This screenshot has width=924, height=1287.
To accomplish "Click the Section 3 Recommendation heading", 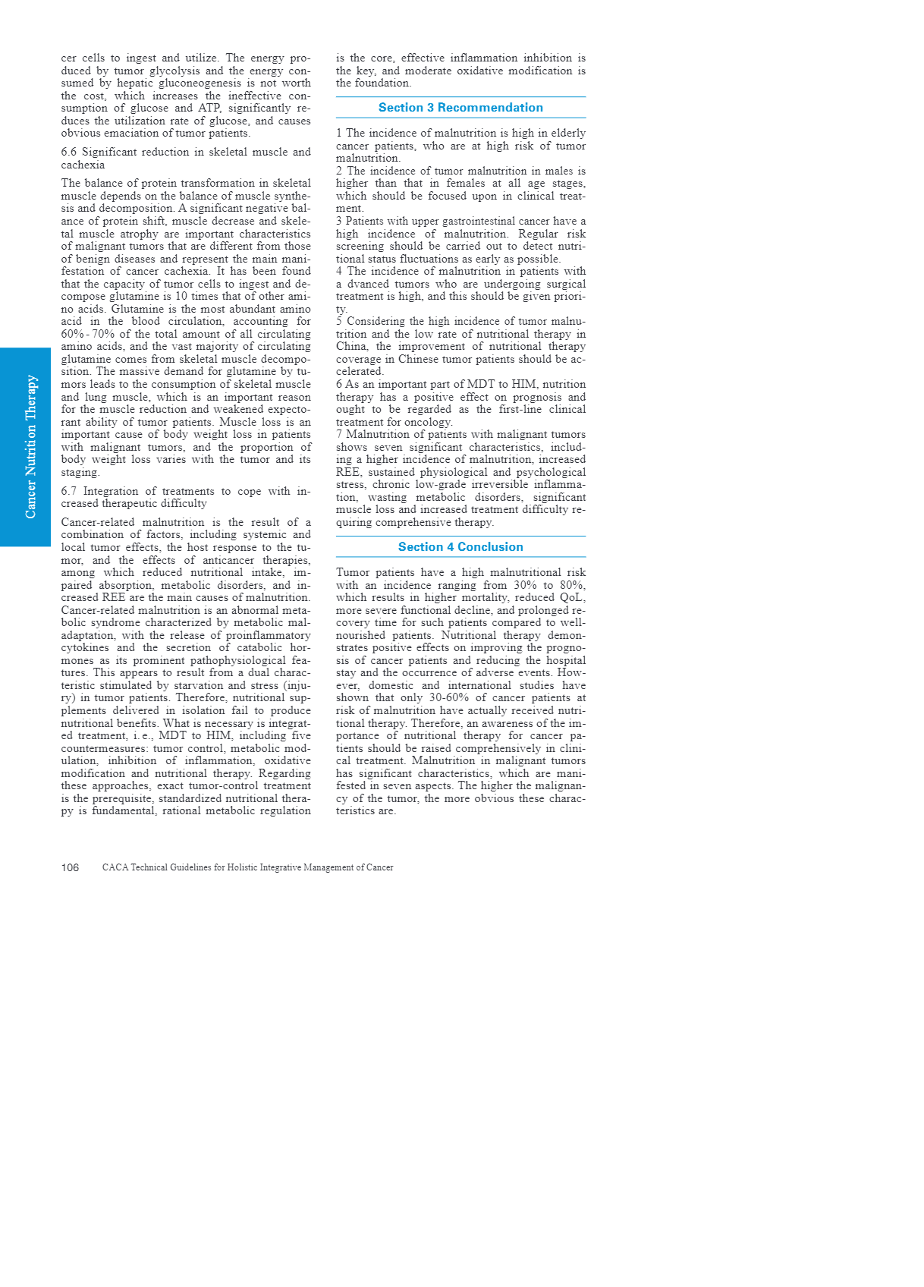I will pyautogui.click(x=460, y=108).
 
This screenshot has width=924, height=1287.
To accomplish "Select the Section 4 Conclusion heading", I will pyautogui.click(x=460, y=547).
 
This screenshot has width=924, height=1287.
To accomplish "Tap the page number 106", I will pyautogui.click(x=70, y=867).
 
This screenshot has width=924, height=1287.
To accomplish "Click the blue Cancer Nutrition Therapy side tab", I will pyautogui.click(x=26, y=447).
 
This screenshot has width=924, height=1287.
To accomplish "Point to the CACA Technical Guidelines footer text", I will pyautogui.click(x=247, y=867).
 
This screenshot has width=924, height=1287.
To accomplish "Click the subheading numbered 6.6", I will pyautogui.click(x=185, y=158).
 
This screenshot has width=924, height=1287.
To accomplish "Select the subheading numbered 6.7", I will pyautogui.click(x=185, y=497).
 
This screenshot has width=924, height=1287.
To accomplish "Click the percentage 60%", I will pyautogui.click(x=72, y=334).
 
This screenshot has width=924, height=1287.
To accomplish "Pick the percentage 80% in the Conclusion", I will pyautogui.click(x=573, y=585).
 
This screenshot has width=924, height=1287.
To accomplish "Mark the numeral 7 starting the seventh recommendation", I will pyautogui.click(x=339, y=434).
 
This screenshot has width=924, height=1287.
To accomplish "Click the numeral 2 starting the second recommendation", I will pyautogui.click(x=339, y=171).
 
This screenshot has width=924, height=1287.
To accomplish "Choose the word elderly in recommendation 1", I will pyautogui.click(x=568, y=133).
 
